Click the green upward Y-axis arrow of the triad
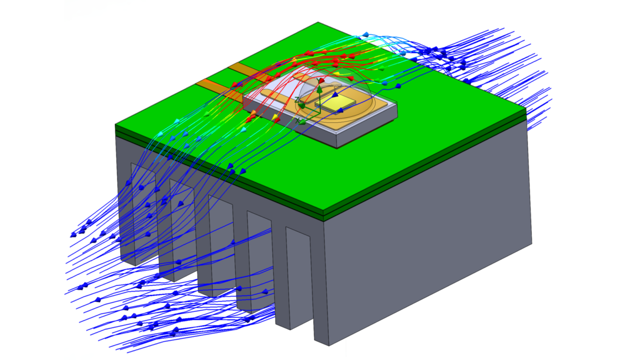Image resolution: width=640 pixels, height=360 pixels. coord(319,89)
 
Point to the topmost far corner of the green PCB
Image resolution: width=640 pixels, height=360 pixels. coord(318,22)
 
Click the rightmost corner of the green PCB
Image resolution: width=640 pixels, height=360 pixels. coord(525,110)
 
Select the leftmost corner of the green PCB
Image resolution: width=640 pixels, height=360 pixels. coord(116,124)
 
